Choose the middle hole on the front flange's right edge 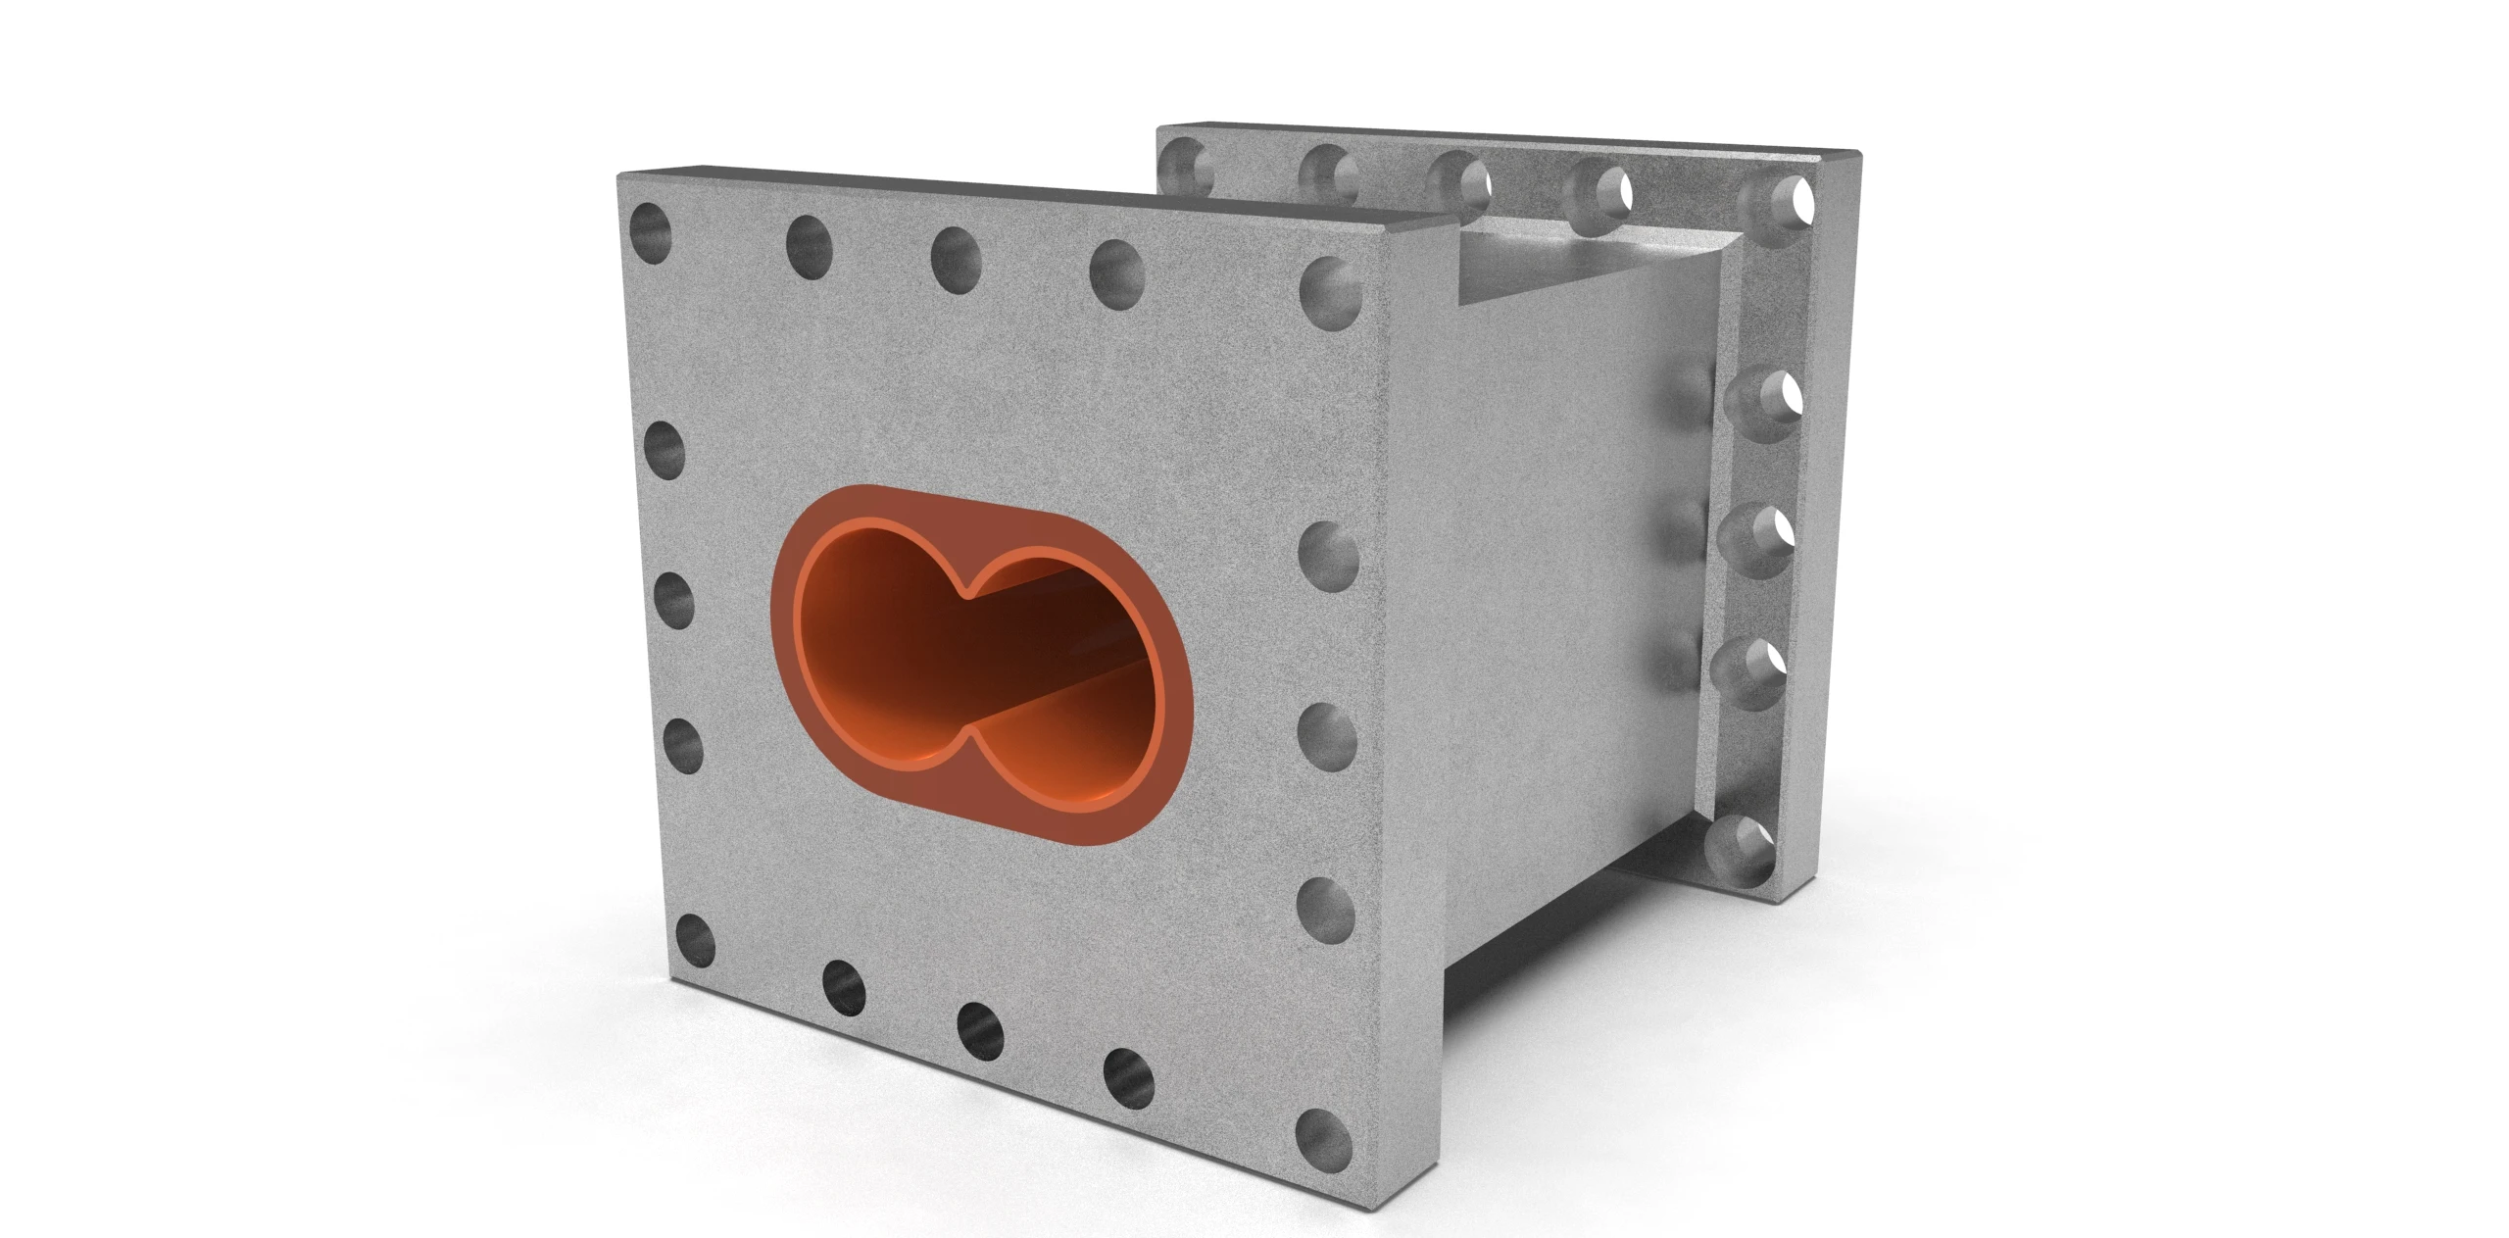click(x=1328, y=731)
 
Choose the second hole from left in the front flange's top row click(x=809, y=245)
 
